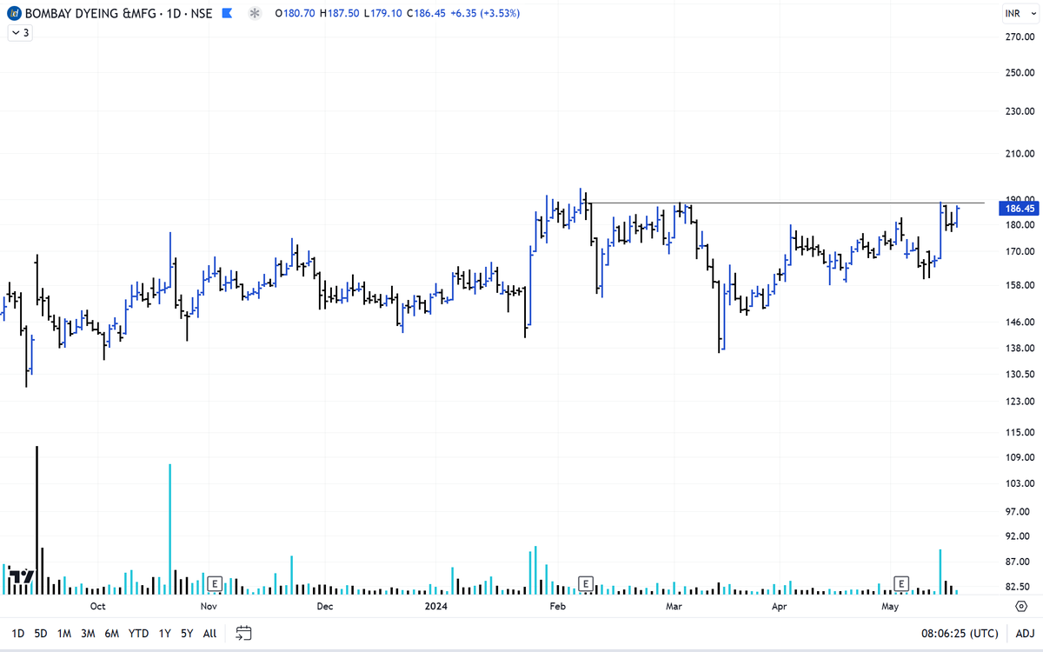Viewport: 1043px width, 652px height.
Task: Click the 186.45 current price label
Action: [x=1020, y=209]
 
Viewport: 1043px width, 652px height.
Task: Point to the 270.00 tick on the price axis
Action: [x=1019, y=37]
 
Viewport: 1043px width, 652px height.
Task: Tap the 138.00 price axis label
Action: [x=1019, y=349]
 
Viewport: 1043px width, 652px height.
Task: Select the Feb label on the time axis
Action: [x=558, y=606]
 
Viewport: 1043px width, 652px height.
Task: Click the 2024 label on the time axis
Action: [x=435, y=606]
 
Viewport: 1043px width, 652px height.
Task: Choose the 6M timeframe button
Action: [x=111, y=634]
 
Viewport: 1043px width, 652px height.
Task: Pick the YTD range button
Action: [x=138, y=634]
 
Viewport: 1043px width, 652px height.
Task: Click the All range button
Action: [x=209, y=634]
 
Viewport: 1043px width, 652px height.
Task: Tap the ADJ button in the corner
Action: [x=1025, y=634]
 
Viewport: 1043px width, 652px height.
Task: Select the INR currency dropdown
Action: [x=1016, y=14]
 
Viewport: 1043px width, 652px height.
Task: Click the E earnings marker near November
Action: [x=215, y=582]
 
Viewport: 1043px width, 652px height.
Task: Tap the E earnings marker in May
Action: [x=901, y=582]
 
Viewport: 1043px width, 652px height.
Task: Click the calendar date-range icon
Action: [x=243, y=633]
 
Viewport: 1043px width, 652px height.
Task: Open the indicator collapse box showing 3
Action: [x=19, y=32]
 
